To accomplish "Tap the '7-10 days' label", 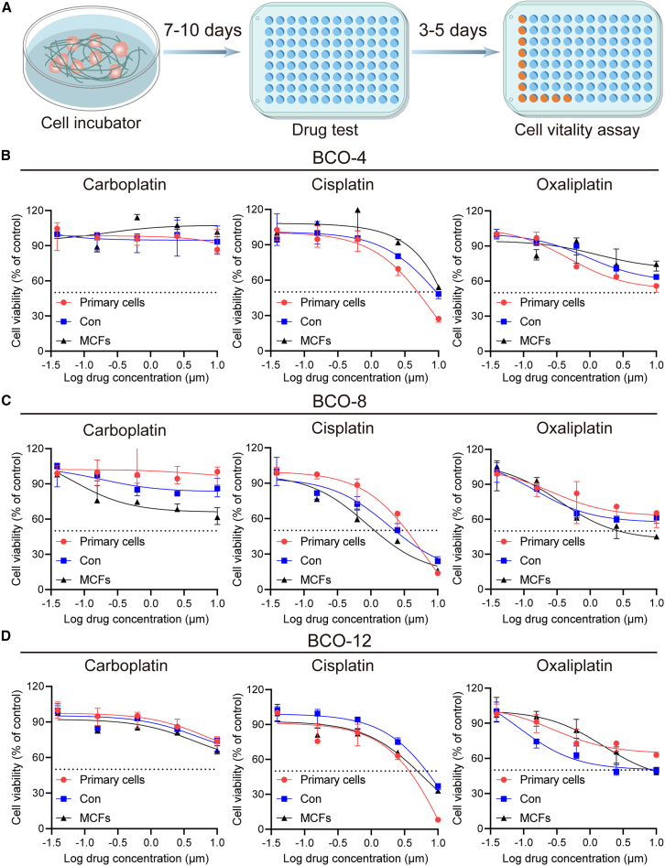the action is click(202, 30).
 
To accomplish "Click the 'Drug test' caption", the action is click(325, 130).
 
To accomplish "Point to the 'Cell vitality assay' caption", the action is click(577, 130).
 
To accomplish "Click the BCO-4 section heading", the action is click(340, 158).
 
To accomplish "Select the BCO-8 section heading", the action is click(340, 401).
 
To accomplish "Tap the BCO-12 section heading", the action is click(340, 641).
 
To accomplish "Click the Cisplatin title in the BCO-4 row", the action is click(343, 185).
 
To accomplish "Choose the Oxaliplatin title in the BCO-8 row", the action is click(574, 428).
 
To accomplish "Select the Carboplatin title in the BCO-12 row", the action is click(126, 666).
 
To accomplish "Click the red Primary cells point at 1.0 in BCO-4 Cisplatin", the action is click(439, 319).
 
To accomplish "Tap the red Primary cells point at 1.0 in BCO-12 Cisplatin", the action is click(439, 819).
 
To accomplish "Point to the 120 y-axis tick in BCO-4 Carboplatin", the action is click(36, 211).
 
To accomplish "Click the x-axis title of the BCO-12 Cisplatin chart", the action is click(355, 859).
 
